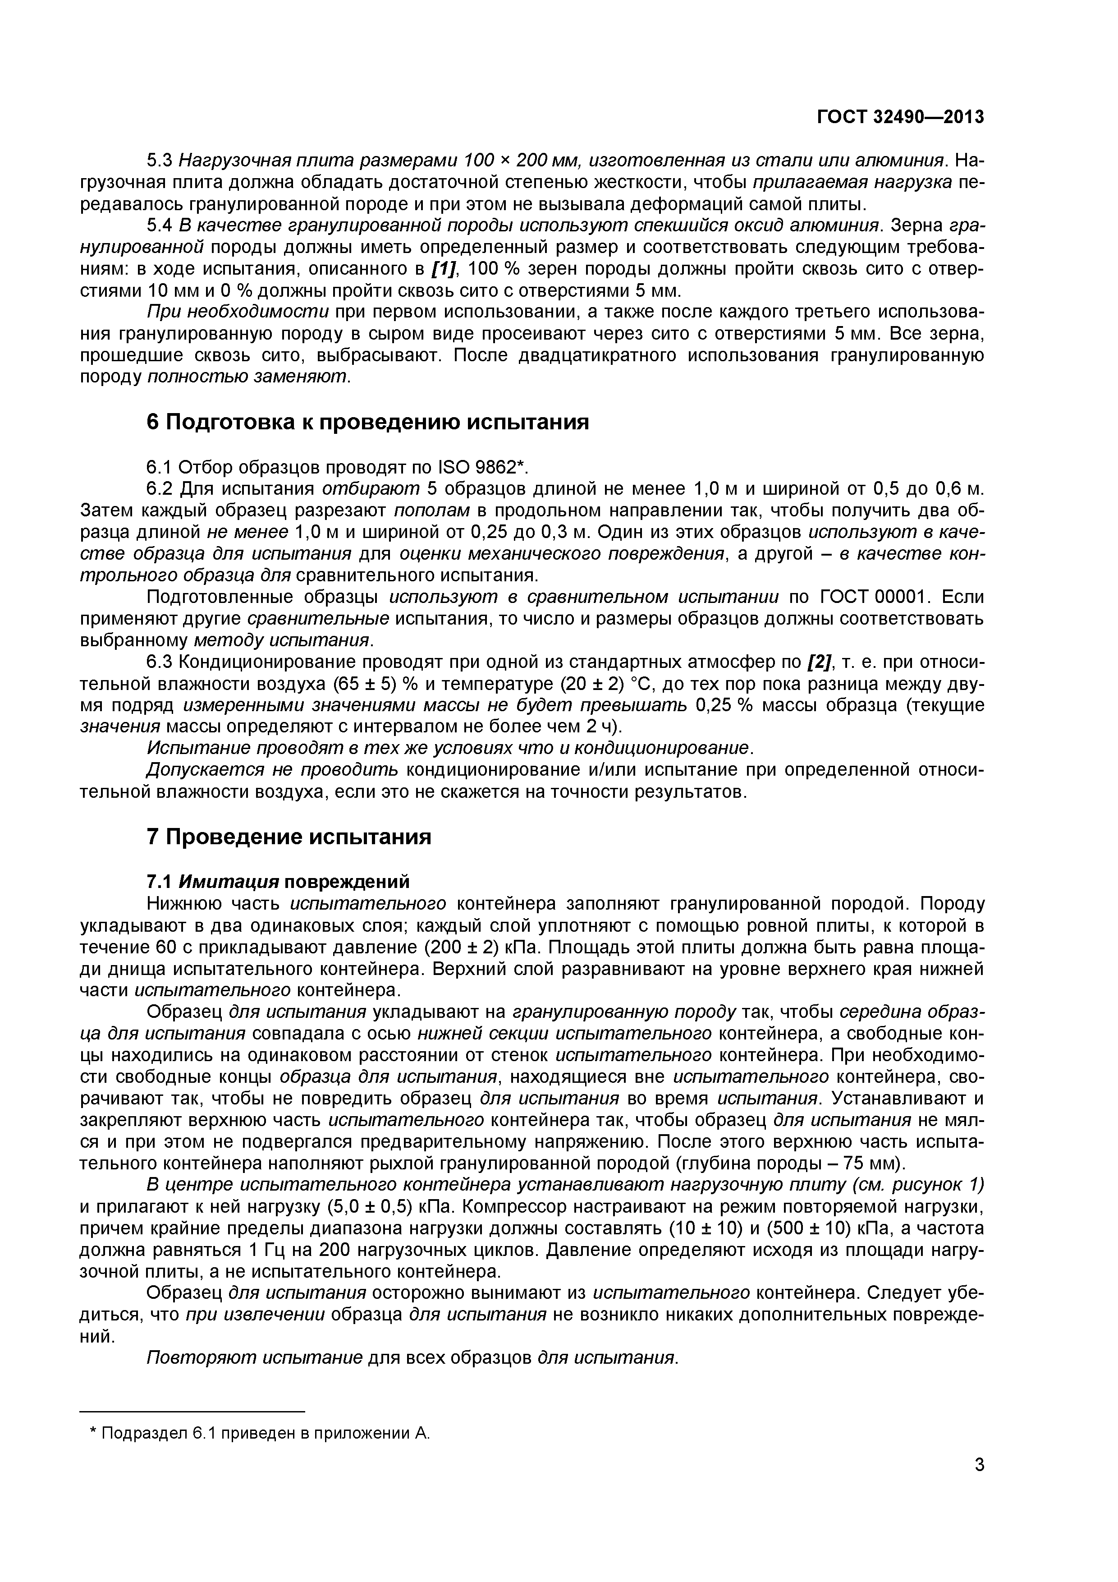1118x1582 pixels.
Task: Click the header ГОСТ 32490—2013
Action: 900,118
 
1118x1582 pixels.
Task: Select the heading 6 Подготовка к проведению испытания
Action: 368,422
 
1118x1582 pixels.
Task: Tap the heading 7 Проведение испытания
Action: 289,837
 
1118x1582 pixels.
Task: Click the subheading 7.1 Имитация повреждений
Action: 278,882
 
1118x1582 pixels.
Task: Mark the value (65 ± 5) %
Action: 378,685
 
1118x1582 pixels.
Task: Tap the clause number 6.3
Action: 160,663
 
